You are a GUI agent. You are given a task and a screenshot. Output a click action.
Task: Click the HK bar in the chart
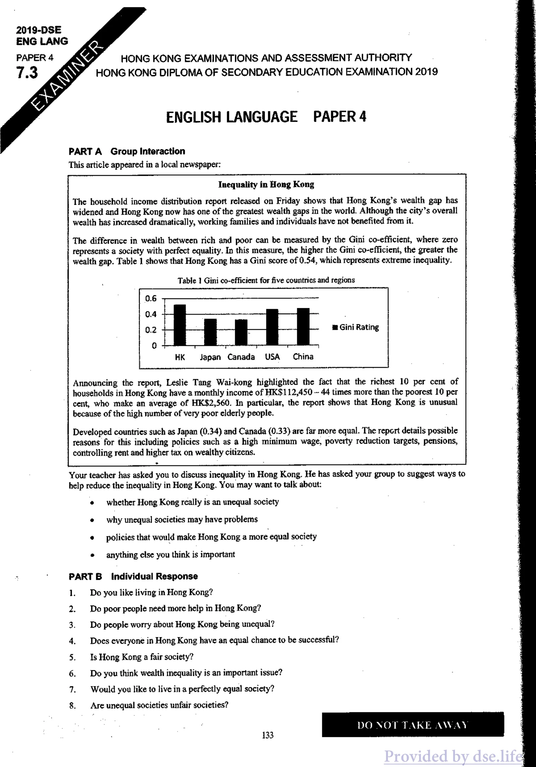tap(180, 325)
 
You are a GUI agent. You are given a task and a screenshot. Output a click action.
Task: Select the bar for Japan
tap(210, 332)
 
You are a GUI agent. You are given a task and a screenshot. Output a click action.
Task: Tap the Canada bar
tap(241, 332)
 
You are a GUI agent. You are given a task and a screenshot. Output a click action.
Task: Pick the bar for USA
tap(272, 327)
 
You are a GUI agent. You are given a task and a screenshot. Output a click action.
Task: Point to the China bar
tap(303, 327)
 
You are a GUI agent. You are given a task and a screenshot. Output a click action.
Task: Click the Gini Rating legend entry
tap(356, 327)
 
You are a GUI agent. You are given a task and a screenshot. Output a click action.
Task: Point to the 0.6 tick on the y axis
tap(151, 298)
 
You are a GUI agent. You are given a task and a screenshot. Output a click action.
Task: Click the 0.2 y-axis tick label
tap(151, 330)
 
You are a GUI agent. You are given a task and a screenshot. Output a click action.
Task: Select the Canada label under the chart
tap(241, 357)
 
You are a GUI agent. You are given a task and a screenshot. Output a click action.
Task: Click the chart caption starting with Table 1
tap(266, 280)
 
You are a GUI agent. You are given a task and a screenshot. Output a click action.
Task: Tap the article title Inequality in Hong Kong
tap(266, 185)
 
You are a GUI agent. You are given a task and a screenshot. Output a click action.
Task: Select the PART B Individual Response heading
tap(133, 576)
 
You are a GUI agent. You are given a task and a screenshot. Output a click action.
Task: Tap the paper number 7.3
tap(27, 73)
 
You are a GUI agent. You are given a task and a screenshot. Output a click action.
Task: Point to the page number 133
tap(268, 735)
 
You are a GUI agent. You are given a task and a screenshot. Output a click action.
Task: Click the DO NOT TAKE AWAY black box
tap(412, 725)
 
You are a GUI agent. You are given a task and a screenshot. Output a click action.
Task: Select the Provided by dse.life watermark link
tap(453, 756)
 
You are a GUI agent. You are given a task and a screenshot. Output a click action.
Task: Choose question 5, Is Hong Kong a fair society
tap(142, 657)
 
